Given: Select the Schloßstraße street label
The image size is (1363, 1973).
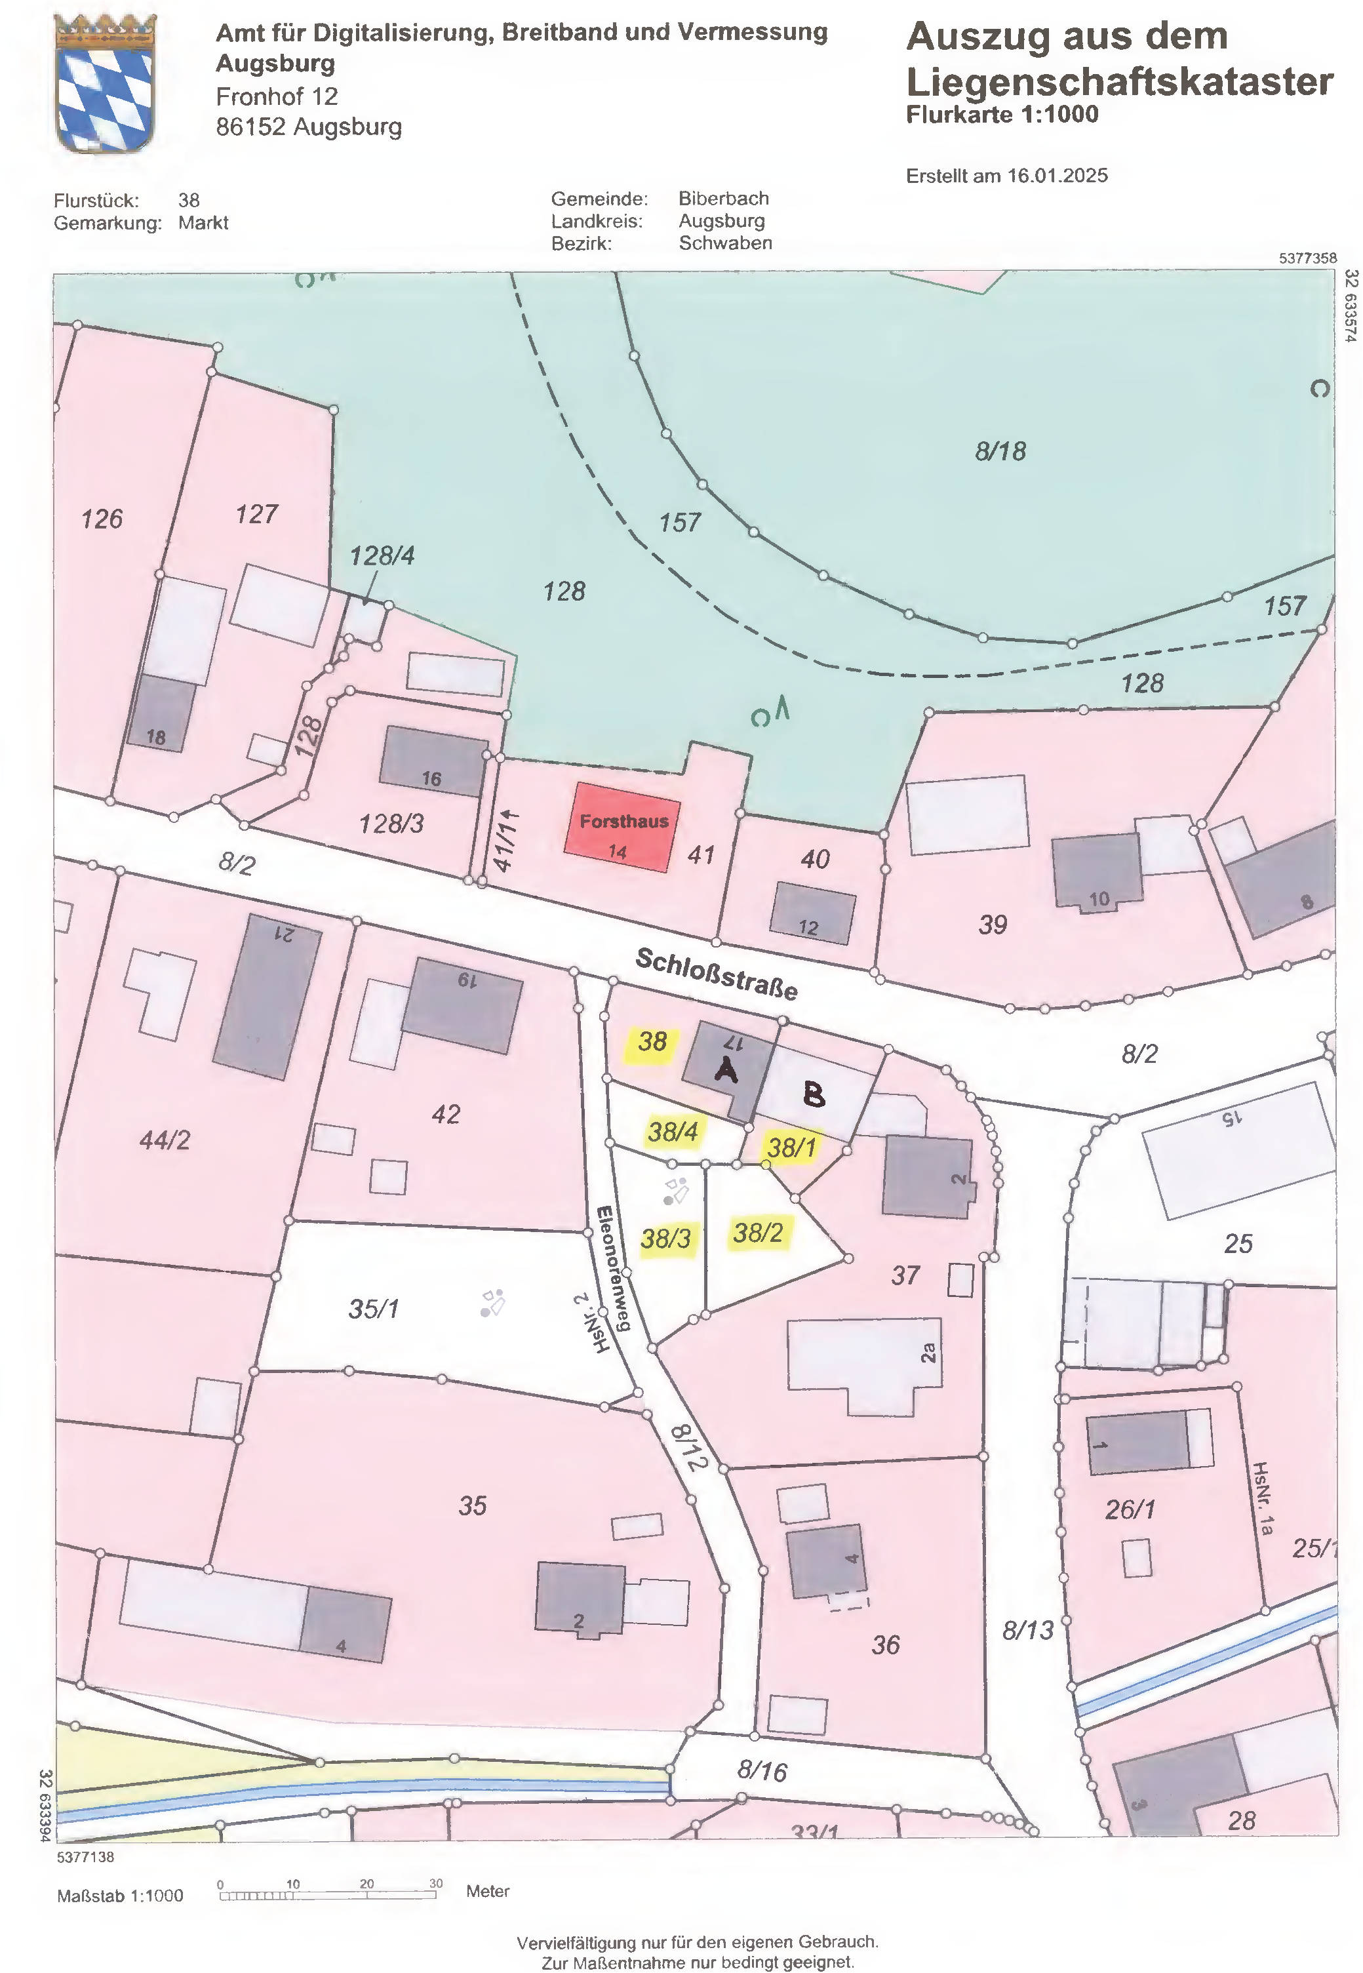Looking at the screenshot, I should coord(717,974).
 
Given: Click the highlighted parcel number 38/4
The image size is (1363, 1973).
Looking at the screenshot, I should coord(673,1132).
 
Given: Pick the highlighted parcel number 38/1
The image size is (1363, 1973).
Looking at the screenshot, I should coord(792,1147).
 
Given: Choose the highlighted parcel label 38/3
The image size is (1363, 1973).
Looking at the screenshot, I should coord(666,1237).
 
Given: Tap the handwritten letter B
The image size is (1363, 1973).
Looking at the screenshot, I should coord(815,1094).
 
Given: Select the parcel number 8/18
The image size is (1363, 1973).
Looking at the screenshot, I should coord(1000,451).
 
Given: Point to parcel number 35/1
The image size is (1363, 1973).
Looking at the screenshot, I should coord(373,1309).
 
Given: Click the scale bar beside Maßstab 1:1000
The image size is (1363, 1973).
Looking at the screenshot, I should coord(328,1895).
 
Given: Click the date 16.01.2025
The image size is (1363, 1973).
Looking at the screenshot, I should coord(1057,176).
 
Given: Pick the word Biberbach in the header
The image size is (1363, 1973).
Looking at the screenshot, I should coord(723,198).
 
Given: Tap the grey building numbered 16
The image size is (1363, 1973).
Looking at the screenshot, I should coord(433,760).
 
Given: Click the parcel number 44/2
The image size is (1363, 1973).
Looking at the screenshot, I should coord(165,1140).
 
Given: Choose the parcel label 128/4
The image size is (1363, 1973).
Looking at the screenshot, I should coord(382,556).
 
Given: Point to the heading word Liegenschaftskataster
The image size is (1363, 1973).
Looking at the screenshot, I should coord(1118,82).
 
